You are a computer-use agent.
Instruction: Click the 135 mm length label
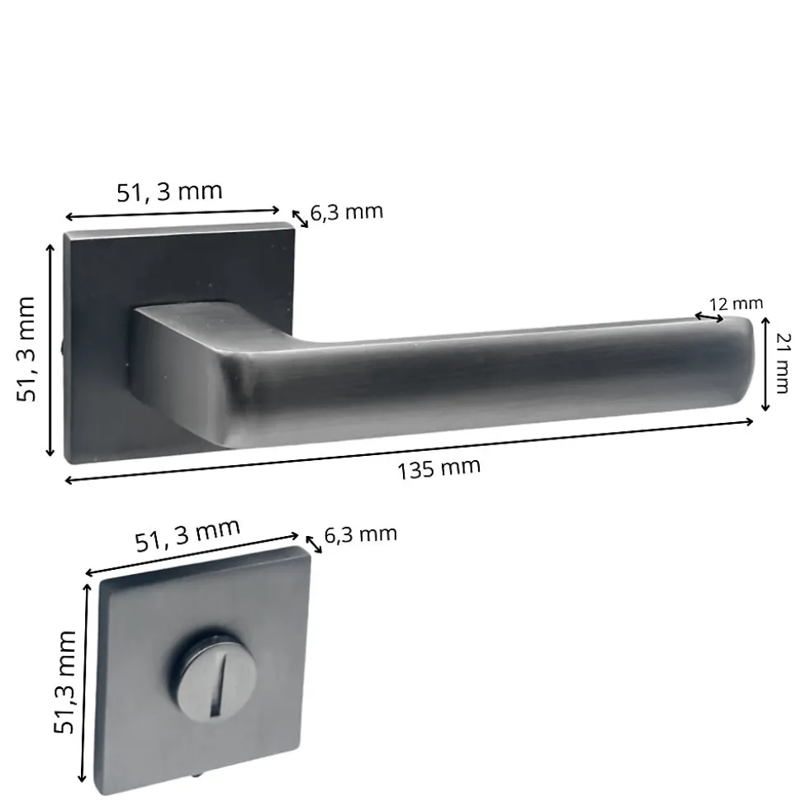438,468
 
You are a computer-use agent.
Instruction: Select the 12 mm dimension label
736,304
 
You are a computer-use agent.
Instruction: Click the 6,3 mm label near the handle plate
347,211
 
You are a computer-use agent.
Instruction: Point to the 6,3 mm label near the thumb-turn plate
361,534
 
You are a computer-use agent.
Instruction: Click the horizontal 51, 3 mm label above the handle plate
170,192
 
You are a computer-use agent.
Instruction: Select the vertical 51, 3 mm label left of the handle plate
26,349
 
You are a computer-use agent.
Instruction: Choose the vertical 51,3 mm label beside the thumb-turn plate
65,683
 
